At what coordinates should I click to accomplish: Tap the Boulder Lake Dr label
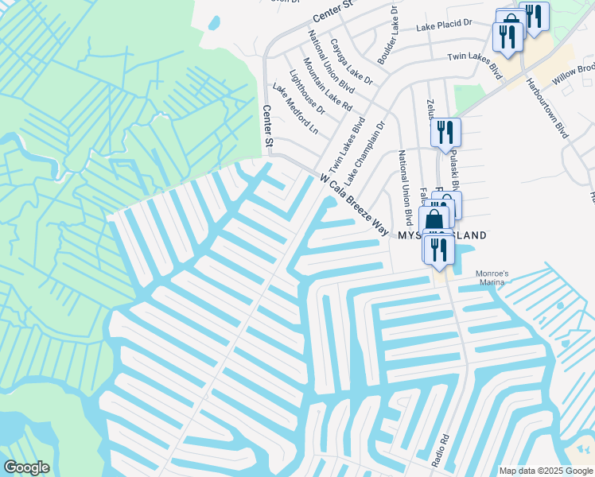[x=387, y=36]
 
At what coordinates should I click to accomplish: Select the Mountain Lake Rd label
[x=327, y=83]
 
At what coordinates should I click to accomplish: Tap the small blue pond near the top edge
[x=213, y=22]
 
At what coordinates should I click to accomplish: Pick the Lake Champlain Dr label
[x=364, y=149]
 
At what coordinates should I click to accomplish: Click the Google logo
[x=26, y=467]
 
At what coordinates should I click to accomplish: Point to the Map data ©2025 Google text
[x=545, y=471]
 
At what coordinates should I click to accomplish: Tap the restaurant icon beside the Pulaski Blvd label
[x=445, y=132]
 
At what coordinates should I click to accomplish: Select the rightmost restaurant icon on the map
[x=534, y=16]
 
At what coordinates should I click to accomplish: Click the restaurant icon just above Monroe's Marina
[x=438, y=249]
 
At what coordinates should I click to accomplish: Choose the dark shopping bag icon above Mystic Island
[x=434, y=219]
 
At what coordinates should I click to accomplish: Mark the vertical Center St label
[x=268, y=126]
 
